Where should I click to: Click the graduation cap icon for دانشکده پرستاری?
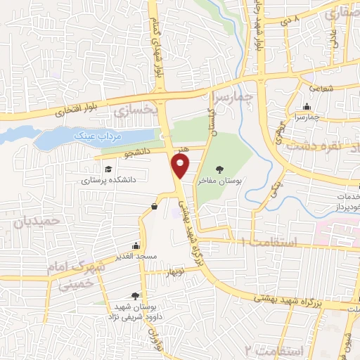[108, 169]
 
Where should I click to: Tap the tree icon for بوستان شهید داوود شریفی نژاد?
[135, 296]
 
